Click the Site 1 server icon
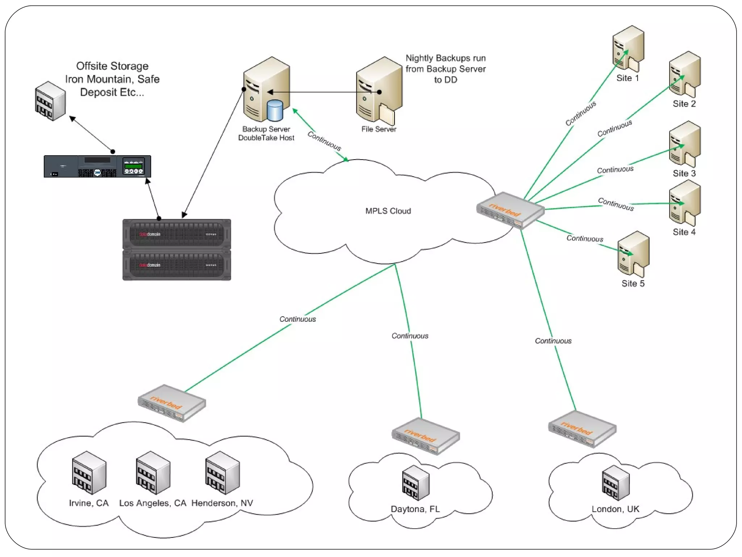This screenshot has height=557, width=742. [x=628, y=49]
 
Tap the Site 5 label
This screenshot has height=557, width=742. [x=633, y=284]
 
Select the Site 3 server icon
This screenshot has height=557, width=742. [x=685, y=144]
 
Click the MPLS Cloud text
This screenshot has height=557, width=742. [x=388, y=211]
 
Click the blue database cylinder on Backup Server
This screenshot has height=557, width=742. [x=275, y=110]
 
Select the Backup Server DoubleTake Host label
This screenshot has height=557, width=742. [x=266, y=133]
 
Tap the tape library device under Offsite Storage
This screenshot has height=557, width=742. [x=97, y=166]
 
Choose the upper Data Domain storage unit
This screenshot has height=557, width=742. [x=177, y=234]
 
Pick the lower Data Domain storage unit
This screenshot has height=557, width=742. [x=177, y=265]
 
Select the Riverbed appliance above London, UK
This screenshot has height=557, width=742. [x=582, y=429]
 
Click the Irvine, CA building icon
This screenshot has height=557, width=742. [x=89, y=473]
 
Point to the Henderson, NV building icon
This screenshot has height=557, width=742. [x=222, y=473]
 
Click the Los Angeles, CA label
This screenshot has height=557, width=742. [x=153, y=503]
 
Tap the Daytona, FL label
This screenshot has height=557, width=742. [x=415, y=509]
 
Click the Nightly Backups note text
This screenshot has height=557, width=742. [x=446, y=69]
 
